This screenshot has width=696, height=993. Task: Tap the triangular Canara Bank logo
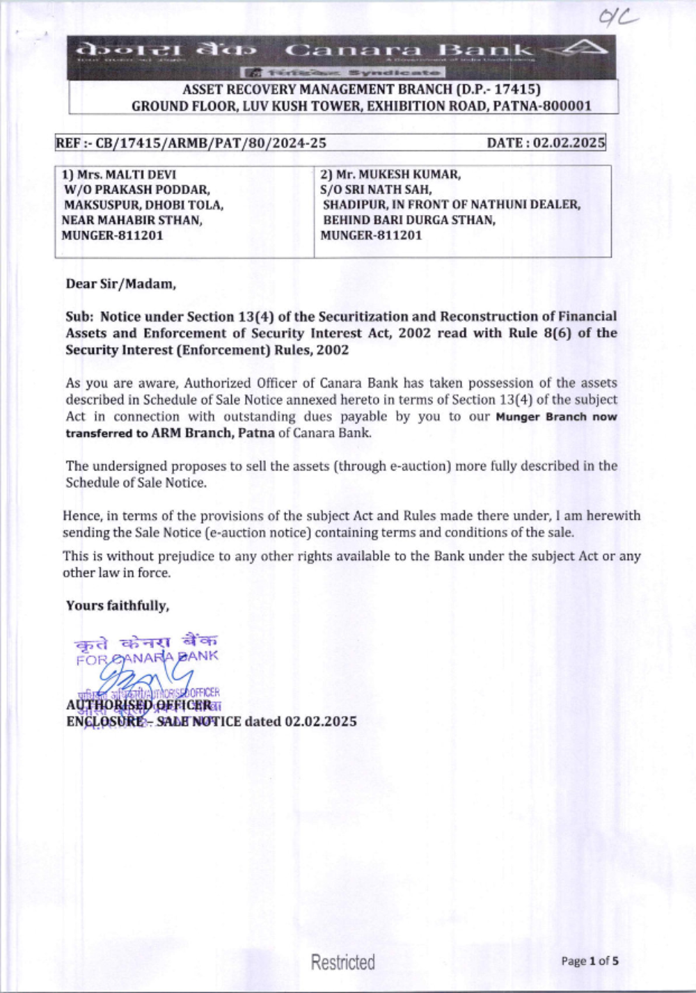585,49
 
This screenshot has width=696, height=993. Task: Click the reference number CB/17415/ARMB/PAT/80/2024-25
210,143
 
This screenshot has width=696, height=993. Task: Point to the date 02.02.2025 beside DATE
569,143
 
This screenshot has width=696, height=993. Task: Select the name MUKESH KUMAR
409,175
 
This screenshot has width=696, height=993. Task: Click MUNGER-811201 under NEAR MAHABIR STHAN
112,235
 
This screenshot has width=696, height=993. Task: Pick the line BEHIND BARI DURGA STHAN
409,220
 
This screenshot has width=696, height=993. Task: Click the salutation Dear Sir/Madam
120,284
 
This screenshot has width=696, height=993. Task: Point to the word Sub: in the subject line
79,317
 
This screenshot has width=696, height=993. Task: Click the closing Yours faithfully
117,605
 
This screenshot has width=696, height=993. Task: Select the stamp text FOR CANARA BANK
147,657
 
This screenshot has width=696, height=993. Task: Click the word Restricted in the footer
342,962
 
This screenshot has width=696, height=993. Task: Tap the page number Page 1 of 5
590,961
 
